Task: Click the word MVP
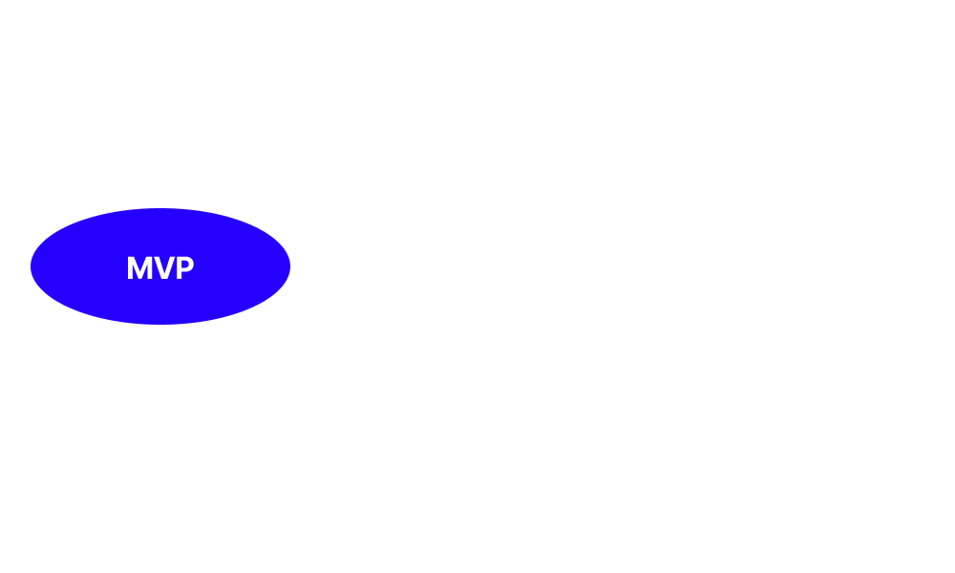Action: pyautogui.click(x=160, y=268)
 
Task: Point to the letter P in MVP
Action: pyautogui.click(x=184, y=268)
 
